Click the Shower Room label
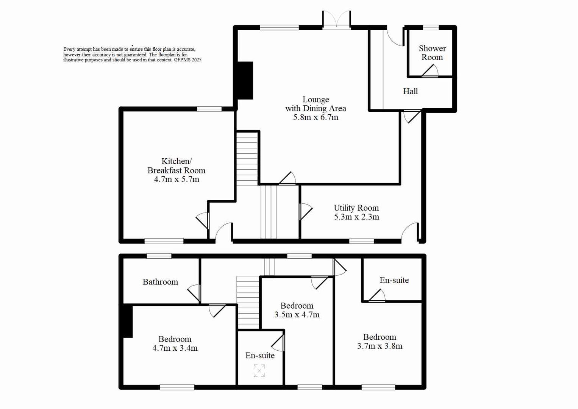(x=432, y=53)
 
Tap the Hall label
(x=410, y=91)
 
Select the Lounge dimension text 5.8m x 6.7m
(x=316, y=117)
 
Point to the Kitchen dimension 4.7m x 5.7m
(x=177, y=180)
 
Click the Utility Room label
(x=356, y=208)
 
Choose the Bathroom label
(x=160, y=282)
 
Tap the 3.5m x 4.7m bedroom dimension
(x=297, y=315)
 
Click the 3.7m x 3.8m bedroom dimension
(x=380, y=346)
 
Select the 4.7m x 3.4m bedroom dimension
(x=175, y=348)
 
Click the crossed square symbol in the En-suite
(x=259, y=371)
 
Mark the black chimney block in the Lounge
(x=245, y=80)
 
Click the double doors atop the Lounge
(x=336, y=19)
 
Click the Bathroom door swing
(x=194, y=292)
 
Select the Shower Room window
(x=431, y=27)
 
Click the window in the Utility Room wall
(x=361, y=241)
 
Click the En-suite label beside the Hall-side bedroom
(x=394, y=280)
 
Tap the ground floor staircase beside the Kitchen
(x=247, y=158)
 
